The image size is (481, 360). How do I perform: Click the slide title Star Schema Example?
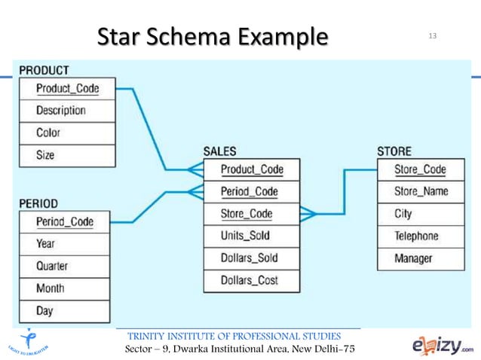pos(213,35)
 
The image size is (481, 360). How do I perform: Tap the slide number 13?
pos(433,35)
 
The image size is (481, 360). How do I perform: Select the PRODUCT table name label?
pos(44,71)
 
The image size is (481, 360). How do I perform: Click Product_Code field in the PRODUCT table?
pos(67,88)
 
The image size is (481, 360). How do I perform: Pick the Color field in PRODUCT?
pos(48,133)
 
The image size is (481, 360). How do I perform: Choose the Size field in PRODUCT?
pos(45,155)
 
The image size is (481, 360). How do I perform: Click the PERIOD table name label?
pos(38,203)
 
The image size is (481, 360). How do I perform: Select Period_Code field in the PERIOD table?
pos(65,221)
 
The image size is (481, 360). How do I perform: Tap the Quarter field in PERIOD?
pos(52,266)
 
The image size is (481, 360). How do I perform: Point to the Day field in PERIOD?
pos(44,310)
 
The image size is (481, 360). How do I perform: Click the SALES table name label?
pos(219,151)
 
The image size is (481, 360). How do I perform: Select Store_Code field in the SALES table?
pos(247,214)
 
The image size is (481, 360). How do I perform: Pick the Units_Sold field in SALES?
pos(245,236)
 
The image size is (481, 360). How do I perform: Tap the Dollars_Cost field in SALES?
pos(249,280)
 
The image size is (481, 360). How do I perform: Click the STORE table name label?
pos(394,151)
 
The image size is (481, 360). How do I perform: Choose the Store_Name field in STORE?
pos(421,191)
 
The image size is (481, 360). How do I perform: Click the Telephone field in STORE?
pos(416,236)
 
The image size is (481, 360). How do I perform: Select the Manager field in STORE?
pos(413,258)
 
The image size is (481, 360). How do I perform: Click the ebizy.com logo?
pos(443,345)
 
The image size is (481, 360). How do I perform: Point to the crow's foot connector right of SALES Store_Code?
pos(308,214)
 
